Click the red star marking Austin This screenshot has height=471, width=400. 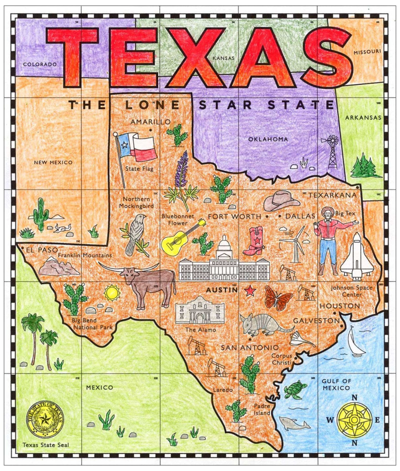[x=250, y=290]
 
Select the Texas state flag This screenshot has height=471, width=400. [x=137, y=146]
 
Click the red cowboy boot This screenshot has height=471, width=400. [x=254, y=241]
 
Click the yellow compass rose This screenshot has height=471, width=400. [x=354, y=419]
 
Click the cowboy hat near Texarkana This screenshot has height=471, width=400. [x=281, y=201]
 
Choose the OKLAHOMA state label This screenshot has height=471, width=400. [x=268, y=139]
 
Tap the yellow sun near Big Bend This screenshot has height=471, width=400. [x=112, y=292]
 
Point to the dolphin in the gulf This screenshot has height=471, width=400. [x=294, y=423]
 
